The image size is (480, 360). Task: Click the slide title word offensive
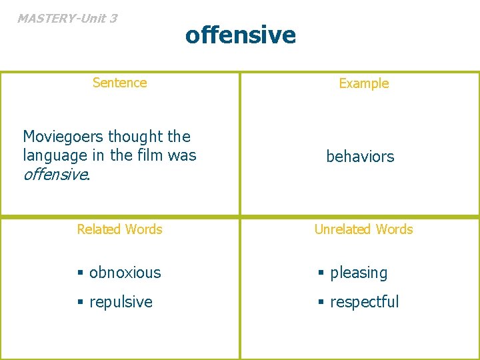tap(240, 34)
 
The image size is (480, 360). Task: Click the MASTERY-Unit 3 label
tap(67, 18)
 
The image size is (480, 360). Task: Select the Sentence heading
tap(119, 83)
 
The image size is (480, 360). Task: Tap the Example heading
tap(363, 83)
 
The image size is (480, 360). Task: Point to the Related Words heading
tap(119, 229)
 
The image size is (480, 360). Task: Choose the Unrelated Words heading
tap(363, 229)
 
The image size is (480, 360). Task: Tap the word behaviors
tap(360, 157)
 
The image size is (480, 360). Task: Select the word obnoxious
tap(125, 273)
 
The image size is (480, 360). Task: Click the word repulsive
tap(121, 302)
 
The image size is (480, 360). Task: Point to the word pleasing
tap(359, 273)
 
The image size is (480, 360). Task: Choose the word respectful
tap(364, 302)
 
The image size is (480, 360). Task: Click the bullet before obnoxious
tap(81, 273)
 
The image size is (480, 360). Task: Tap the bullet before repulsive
tap(81, 303)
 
